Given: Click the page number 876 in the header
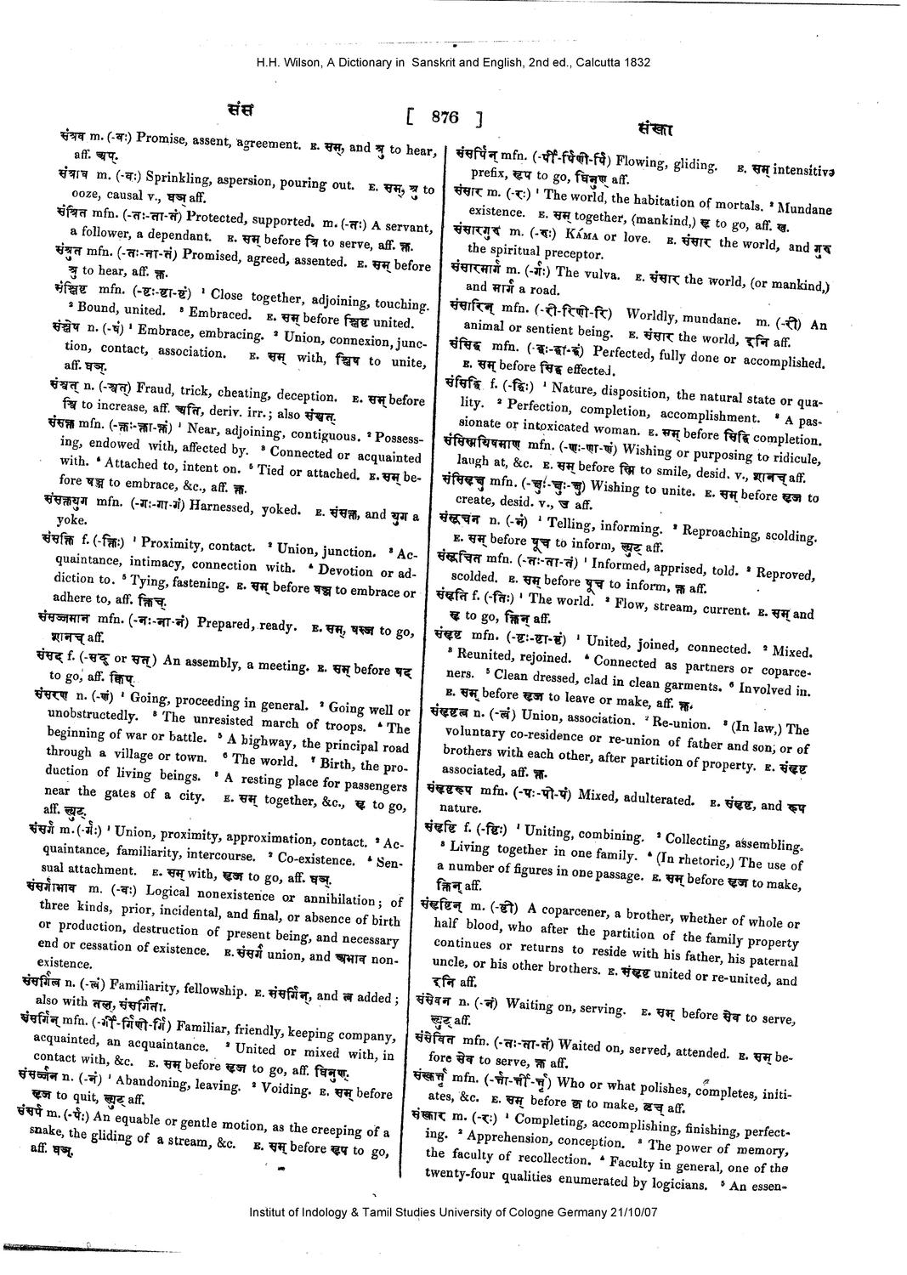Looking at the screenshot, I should (445, 118).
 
